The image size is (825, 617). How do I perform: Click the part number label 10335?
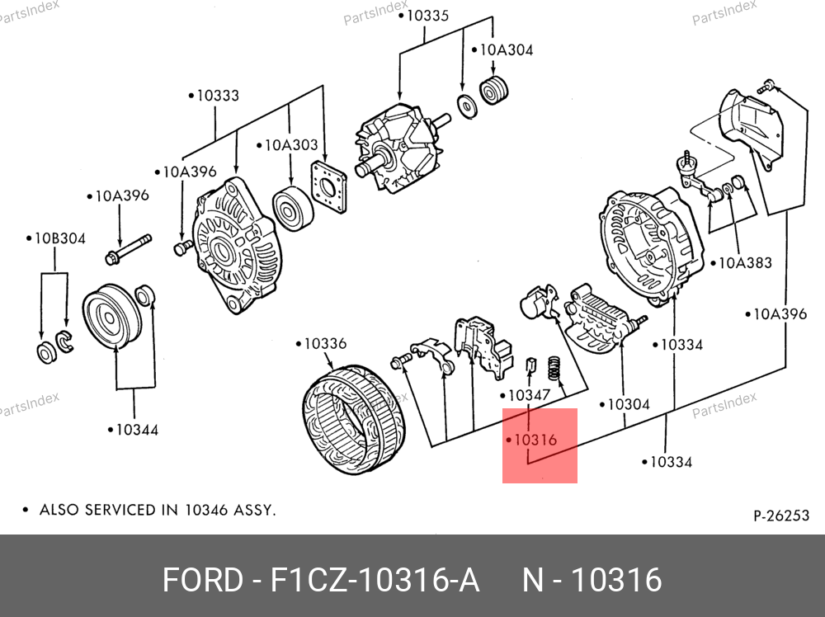(427, 16)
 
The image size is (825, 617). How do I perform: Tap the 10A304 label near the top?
(507, 49)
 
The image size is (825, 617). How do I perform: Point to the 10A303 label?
(290, 145)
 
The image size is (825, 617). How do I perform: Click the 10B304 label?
(59, 238)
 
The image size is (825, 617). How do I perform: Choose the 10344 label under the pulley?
(135, 429)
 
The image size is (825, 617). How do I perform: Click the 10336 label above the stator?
(325, 343)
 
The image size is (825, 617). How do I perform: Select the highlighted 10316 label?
(535, 440)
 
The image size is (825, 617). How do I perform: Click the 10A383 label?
(745, 263)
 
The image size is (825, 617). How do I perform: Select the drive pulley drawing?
(108, 318)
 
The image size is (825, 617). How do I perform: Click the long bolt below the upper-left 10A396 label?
(129, 247)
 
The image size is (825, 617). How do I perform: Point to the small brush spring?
(556, 368)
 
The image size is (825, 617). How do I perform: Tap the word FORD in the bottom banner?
(200, 581)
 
